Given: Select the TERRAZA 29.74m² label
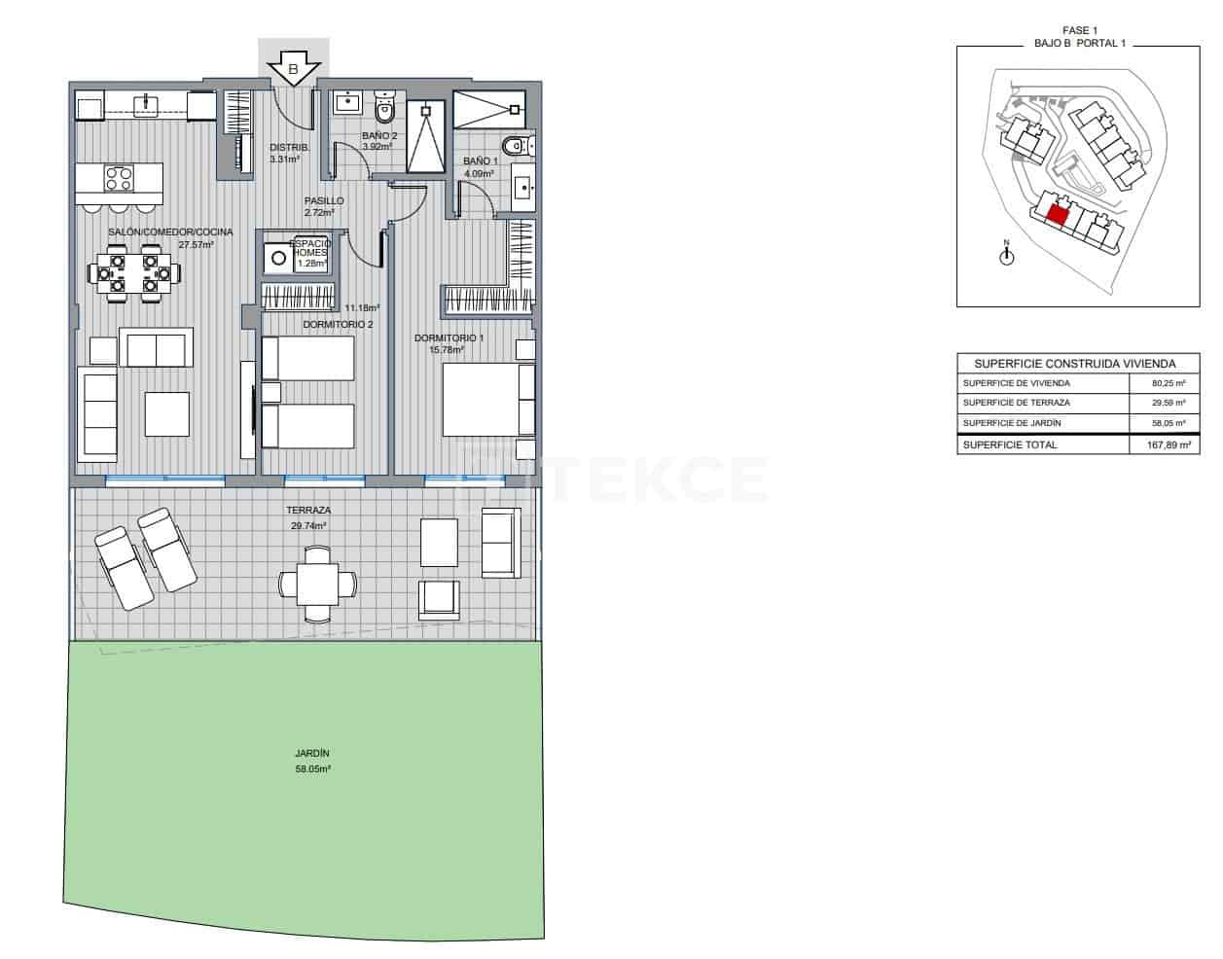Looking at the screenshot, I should click(308, 517).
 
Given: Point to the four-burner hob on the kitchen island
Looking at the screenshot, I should click(119, 179).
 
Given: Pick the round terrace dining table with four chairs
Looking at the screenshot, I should click(317, 584).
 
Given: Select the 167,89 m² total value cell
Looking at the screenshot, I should click(1168, 445).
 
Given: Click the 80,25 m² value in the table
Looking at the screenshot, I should click(1168, 383).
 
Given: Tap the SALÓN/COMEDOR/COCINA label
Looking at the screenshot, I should click(170, 232).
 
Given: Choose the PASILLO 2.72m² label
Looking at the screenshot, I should click(323, 206).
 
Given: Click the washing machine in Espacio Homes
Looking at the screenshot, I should click(278, 258).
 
